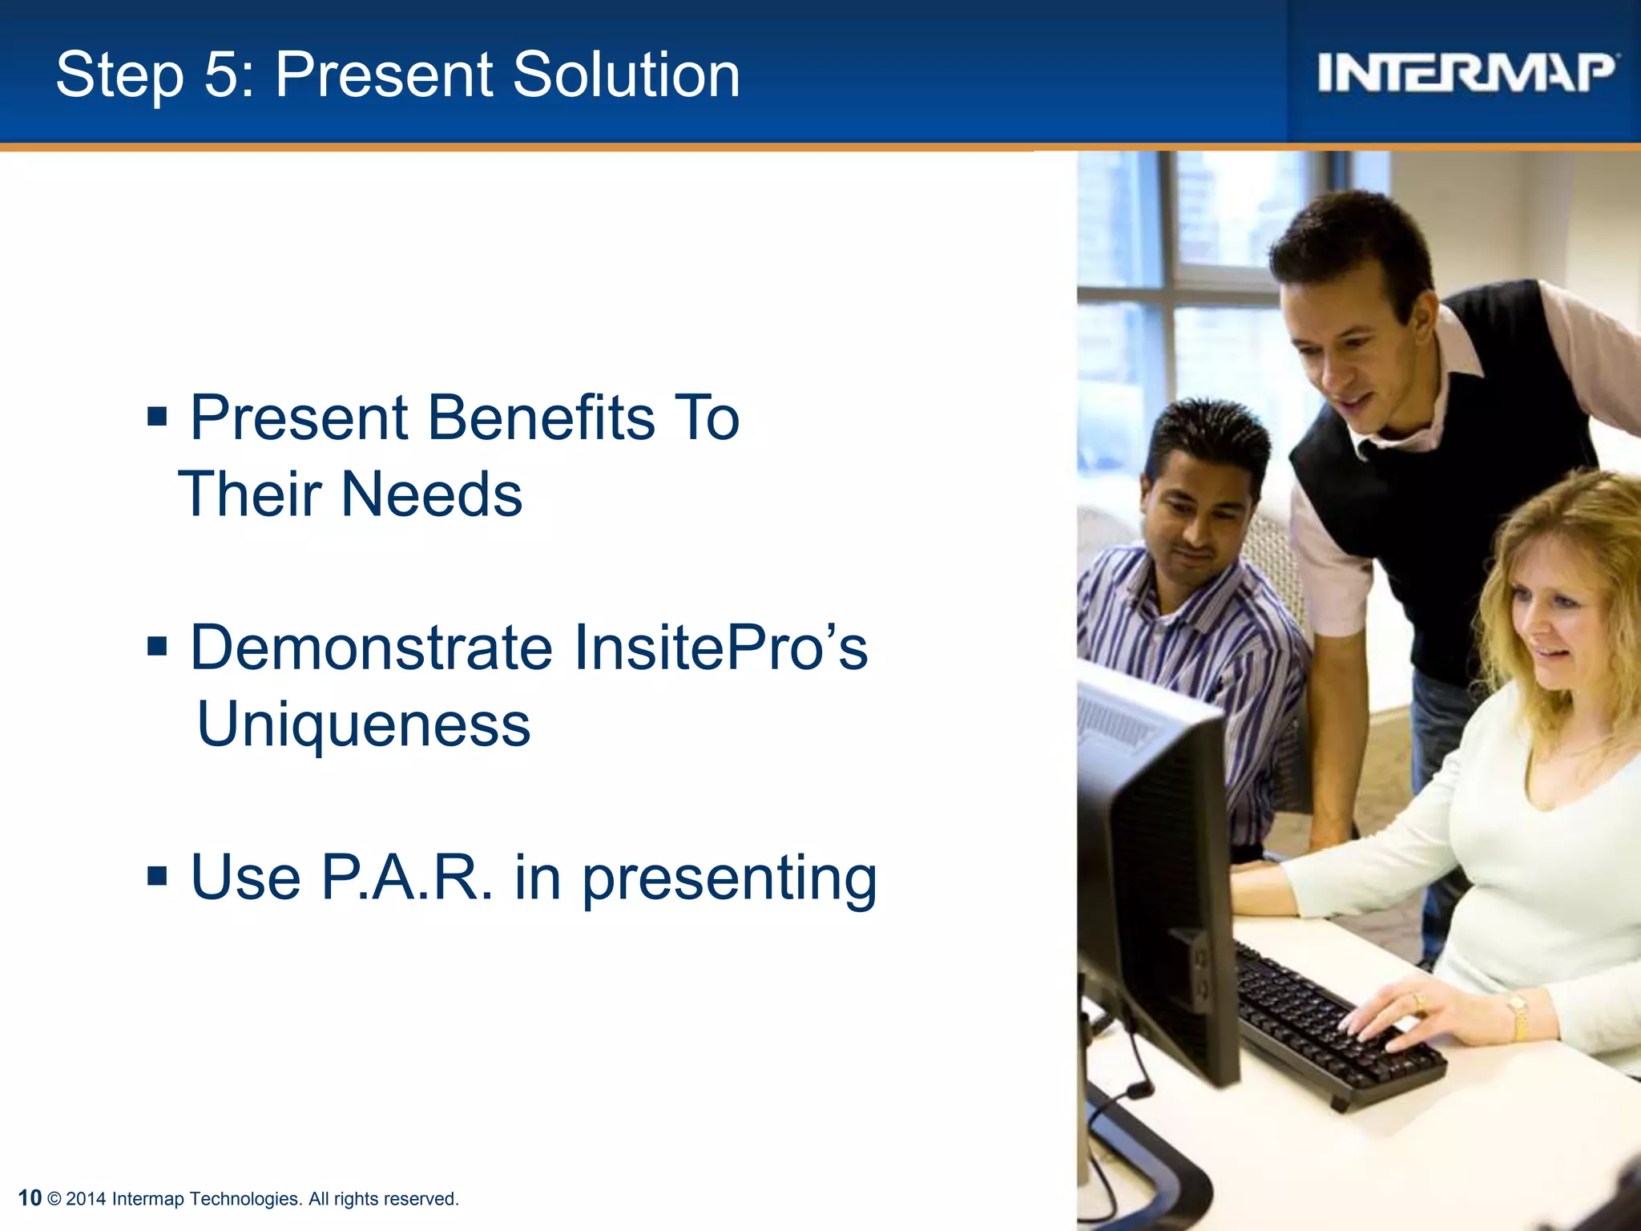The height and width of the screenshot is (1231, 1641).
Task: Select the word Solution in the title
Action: tap(626, 75)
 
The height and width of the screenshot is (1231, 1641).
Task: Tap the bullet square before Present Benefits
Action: tap(157, 417)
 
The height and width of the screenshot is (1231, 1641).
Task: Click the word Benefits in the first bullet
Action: tap(541, 418)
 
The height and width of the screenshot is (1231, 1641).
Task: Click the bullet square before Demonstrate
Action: tap(157, 646)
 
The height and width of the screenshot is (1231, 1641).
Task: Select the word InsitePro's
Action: tap(720, 648)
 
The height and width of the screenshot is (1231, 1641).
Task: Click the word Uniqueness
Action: tap(363, 724)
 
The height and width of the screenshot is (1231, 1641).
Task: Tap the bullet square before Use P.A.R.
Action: tap(157, 876)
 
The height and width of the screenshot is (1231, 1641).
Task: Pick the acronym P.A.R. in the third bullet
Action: tap(407, 878)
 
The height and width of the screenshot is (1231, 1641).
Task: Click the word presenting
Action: tap(729, 879)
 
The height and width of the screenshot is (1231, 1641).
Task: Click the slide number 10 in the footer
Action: tap(30, 1198)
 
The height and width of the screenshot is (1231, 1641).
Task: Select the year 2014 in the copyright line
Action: tap(86, 1199)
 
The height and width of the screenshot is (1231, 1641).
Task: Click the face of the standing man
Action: tap(1354, 353)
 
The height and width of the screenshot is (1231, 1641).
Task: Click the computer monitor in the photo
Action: tap(1154, 866)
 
